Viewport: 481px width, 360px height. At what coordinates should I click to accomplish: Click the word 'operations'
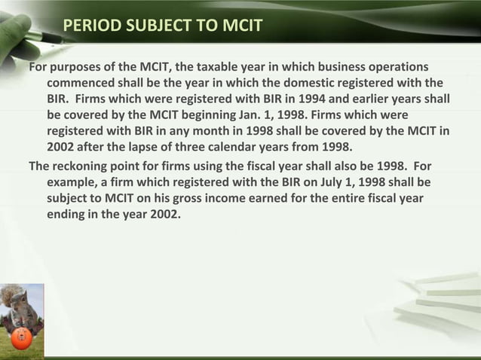[x=397, y=66]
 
